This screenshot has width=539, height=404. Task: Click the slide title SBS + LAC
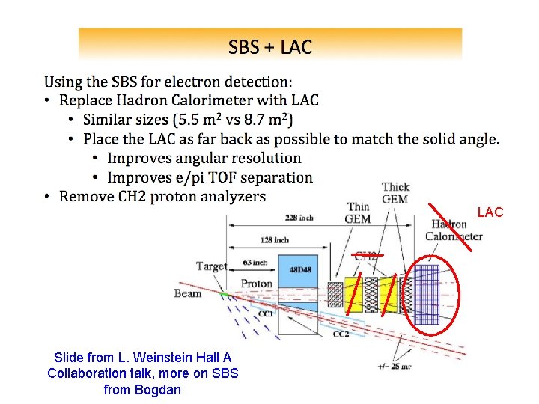(x=269, y=48)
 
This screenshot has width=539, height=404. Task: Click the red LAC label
(x=490, y=213)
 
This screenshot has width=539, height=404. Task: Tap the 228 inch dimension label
(x=299, y=218)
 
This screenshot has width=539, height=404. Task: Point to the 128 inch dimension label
(x=275, y=240)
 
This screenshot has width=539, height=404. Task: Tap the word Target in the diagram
(x=212, y=266)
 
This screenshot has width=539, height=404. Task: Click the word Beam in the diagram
(x=188, y=293)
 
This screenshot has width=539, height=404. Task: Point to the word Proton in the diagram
(x=257, y=284)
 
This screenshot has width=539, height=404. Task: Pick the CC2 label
(x=340, y=334)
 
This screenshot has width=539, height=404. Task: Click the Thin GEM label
(x=358, y=213)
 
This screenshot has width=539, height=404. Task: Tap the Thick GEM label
(x=395, y=193)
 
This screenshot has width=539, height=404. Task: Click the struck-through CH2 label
(x=365, y=256)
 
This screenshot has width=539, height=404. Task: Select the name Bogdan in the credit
(x=157, y=389)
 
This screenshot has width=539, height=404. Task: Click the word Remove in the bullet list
(x=84, y=197)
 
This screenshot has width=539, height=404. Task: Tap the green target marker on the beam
(x=222, y=294)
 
